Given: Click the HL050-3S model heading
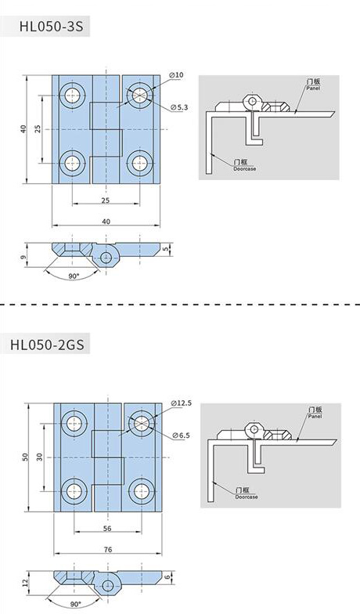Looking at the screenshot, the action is coord(52,27).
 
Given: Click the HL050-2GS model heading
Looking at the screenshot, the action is coord(47,345).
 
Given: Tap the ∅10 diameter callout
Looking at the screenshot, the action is coord(176,75).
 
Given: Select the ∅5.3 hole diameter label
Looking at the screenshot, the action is coord(180,107).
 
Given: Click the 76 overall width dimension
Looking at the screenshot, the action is coord(108,550).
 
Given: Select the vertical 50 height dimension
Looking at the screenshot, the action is coord(25,457).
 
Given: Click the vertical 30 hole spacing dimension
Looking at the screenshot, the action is coord(39,457).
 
